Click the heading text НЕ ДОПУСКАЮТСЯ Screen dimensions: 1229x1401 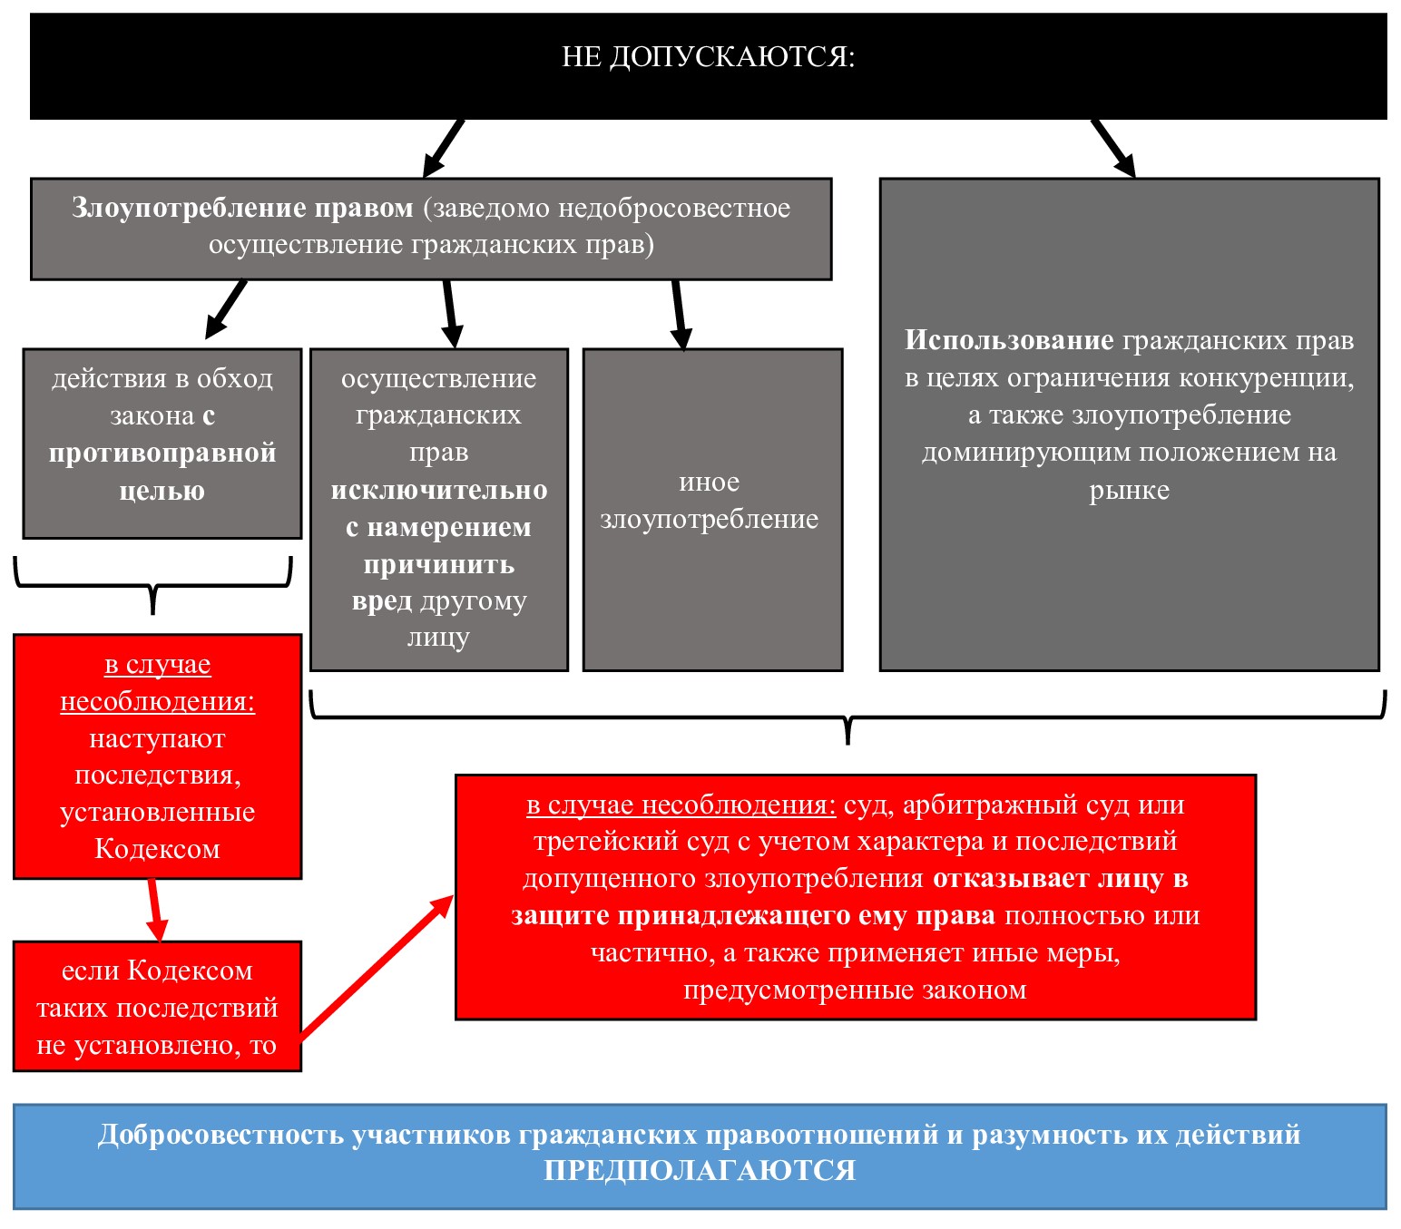coord(708,57)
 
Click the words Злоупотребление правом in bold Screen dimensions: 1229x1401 coord(242,208)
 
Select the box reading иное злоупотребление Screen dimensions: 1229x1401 coord(712,509)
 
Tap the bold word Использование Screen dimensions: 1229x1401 coord(1009,340)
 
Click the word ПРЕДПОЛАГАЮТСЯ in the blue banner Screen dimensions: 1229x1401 coord(700,1171)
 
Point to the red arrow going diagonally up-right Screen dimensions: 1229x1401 coord(377,967)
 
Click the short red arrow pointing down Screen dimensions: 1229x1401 coord(155,910)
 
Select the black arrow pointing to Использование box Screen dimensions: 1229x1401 coord(1114,148)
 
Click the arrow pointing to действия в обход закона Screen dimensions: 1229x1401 coord(226,309)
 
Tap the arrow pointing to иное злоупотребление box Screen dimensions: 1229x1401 coord(679,314)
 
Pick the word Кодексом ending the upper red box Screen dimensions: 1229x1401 coord(157,849)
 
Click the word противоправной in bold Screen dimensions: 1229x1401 coord(162,453)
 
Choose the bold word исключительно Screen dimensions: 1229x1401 coord(439,490)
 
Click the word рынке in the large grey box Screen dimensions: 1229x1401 coord(1129,490)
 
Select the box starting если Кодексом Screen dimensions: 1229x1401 coord(157,1006)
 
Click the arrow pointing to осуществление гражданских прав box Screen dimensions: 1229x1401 coord(450,313)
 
